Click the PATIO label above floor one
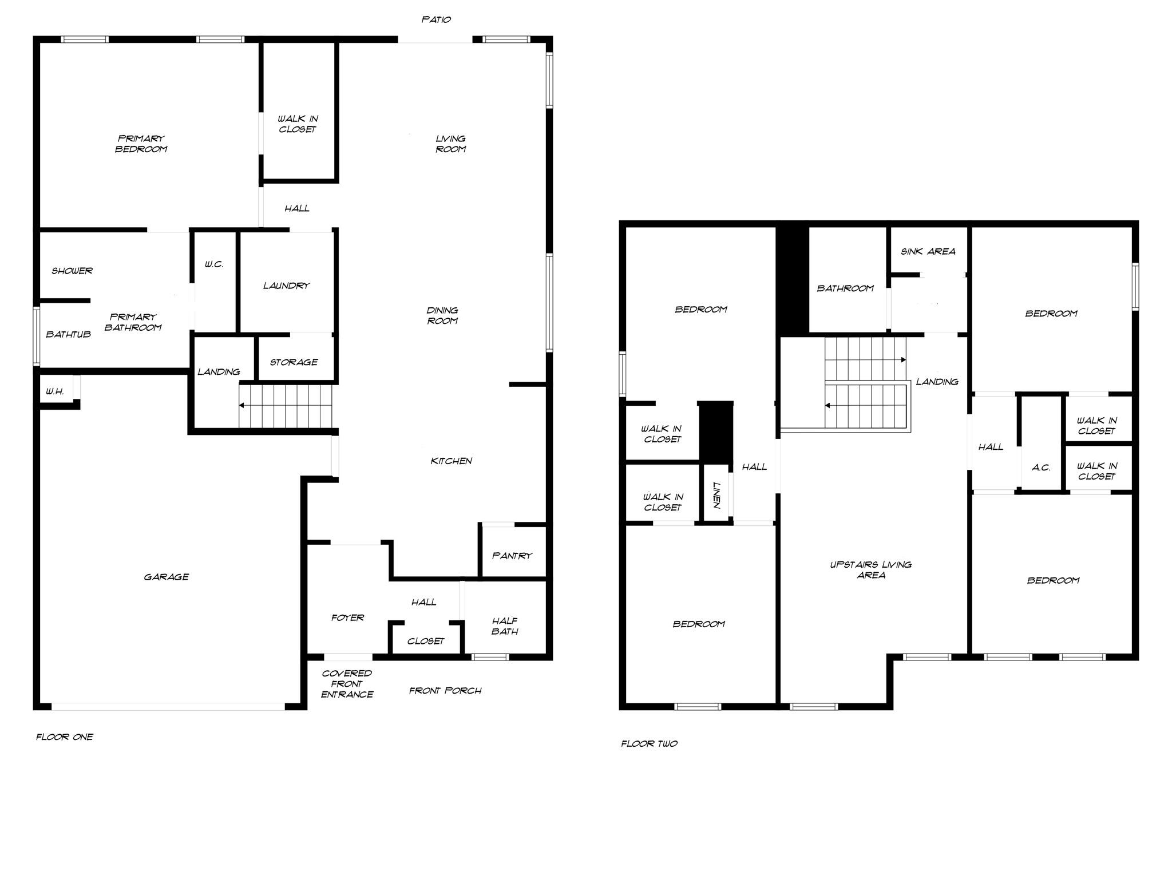pyautogui.click(x=436, y=19)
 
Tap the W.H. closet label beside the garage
pyautogui.click(x=55, y=391)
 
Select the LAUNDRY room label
pyautogui.click(x=286, y=286)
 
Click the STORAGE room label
pyautogui.click(x=294, y=362)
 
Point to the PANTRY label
pyautogui.click(x=512, y=555)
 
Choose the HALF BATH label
pyautogui.click(x=505, y=626)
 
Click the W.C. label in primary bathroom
pyautogui.click(x=214, y=264)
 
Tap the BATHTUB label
pyautogui.click(x=68, y=334)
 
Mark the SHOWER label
pyautogui.click(x=72, y=271)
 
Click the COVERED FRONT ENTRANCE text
pyautogui.click(x=347, y=684)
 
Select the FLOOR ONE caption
pyautogui.click(x=65, y=737)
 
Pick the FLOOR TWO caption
pyautogui.click(x=649, y=743)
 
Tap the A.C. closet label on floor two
pyautogui.click(x=1041, y=468)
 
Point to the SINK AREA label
pyautogui.click(x=928, y=251)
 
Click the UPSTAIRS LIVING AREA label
pyautogui.click(x=870, y=569)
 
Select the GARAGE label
pyautogui.click(x=166, y=577)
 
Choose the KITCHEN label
pyautogui.click(x=451, y=461)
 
